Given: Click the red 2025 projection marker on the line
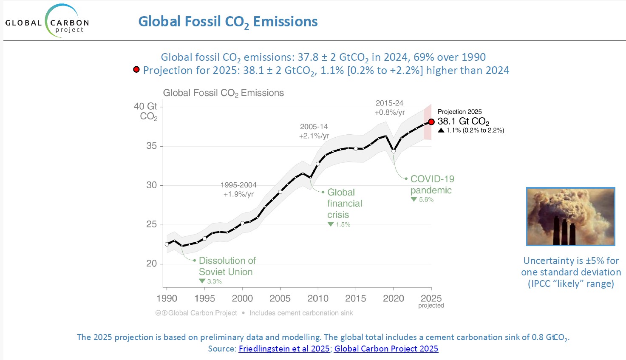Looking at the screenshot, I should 431,122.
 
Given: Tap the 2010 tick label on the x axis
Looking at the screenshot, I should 318,298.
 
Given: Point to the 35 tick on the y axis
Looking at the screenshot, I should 151,146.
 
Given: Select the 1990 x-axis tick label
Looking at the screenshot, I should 167,298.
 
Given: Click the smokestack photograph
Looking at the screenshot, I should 571,216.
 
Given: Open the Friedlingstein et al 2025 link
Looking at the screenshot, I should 284,349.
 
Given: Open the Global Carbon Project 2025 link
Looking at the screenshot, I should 386,349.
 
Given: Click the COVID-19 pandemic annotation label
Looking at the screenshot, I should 431,184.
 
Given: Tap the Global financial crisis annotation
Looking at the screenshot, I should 344,204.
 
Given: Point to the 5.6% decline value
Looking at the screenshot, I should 426,200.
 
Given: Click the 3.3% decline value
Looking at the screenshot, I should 214,281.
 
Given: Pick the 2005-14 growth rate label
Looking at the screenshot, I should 314,131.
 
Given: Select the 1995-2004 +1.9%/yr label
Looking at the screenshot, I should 238,190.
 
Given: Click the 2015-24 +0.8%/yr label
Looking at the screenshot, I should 389,108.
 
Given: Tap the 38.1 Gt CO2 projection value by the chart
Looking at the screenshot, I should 463,122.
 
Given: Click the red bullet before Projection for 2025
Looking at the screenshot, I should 136,69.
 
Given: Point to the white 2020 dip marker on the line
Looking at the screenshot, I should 394,151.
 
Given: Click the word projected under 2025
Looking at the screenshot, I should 431,306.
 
